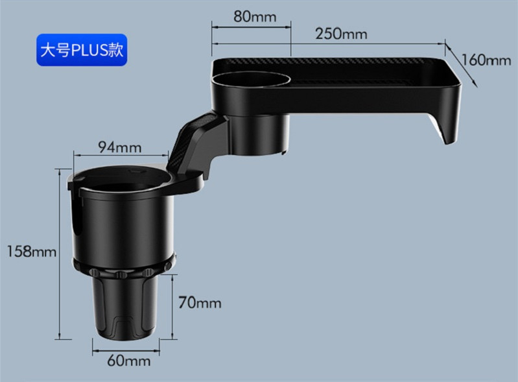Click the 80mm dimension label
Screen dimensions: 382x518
tap(251, 16)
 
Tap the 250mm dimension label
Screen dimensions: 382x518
tap(341, 33)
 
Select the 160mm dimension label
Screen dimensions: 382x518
tap(486, 60)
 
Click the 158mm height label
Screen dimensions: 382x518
tap(28, 251)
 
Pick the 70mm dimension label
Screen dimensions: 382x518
tap(200, 302)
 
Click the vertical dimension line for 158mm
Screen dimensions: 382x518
tap(61, 253)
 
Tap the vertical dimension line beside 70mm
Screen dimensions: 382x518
tap(174, 305)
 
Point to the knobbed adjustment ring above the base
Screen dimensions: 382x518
tap(123, 268)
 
